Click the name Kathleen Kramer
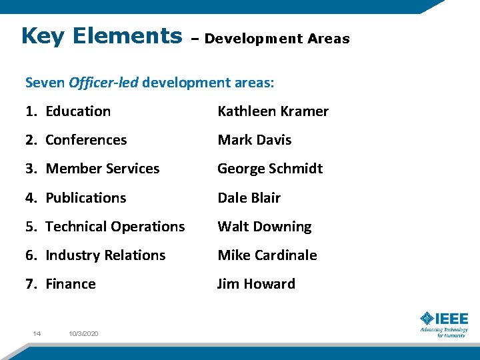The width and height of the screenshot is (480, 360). [x=273, y=111]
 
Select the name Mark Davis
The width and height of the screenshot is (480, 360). [x=254, y=140]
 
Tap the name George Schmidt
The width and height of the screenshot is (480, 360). [x=269, y=169]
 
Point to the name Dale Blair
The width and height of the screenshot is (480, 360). [x=249, y=198]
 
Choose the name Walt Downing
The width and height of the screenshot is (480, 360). [x=264, y=227]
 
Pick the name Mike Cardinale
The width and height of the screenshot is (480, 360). [x=267, y=255]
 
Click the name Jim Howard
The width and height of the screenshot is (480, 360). [x=256, y=284]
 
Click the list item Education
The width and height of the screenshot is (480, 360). [x=77, y=111]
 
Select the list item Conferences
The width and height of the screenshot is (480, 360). [x=85, y=140]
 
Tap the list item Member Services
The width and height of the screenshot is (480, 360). [x=102, y=169]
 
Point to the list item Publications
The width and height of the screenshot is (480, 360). [x=85, y=198]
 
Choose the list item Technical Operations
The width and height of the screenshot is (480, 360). [x=115, y=227]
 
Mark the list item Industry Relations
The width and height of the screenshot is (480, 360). [x=105, y=255]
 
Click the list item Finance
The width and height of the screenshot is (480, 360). [x=70, y=284]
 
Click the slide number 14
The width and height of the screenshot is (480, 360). [x=37, y=333]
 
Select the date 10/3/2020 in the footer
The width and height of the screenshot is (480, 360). [x=83, y=333]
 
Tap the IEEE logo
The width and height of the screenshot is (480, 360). [x=444, y=323]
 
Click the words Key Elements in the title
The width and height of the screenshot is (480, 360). [x=101, y=36]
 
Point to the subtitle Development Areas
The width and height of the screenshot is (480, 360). [x=277, y=39]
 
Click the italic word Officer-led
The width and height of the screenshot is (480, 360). [x=103, y=83]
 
